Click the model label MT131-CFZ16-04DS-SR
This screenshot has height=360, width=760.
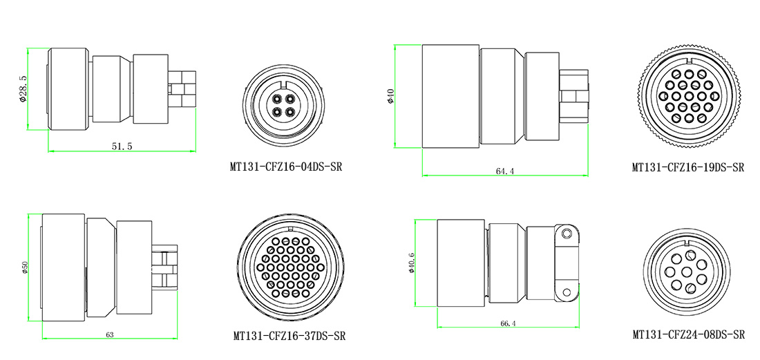286,167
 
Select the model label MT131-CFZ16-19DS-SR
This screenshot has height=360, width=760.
687,168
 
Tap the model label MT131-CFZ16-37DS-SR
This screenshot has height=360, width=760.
289,336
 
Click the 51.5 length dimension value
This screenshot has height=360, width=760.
122,146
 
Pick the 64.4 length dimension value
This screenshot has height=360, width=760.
504,171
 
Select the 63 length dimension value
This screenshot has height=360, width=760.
110,334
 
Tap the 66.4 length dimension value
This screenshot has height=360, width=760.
507,323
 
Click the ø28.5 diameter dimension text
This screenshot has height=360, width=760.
23,88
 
